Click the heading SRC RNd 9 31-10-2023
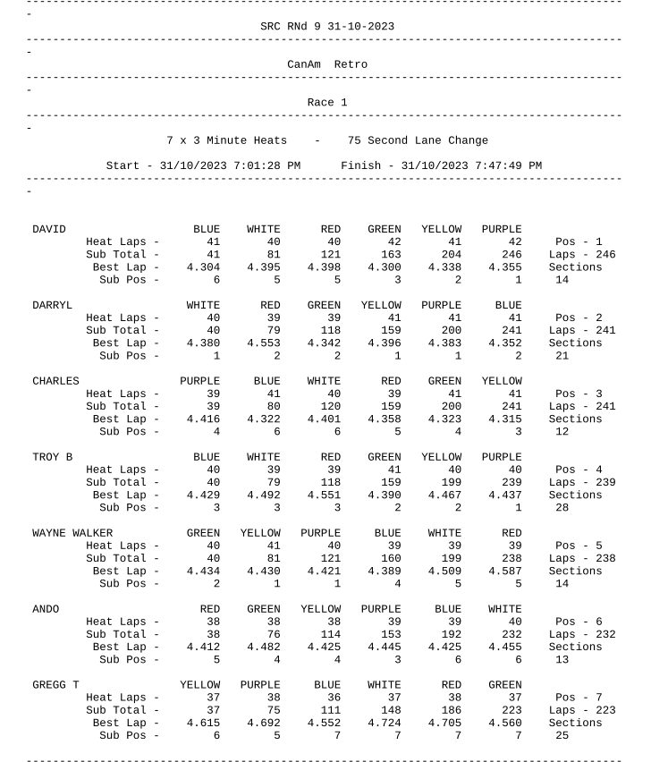pos(326,27)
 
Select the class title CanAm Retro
pos(326,64)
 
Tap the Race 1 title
pos(326,102)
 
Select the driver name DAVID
pos(49,229)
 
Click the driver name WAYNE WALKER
pos(72,533)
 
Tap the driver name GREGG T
pos(55,685)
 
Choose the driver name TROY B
pos(53,457)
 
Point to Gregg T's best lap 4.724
pos(384,723)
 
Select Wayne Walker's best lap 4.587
pos(504,571)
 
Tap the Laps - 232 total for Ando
pos(582,634)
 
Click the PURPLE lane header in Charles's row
pos(199,381)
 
